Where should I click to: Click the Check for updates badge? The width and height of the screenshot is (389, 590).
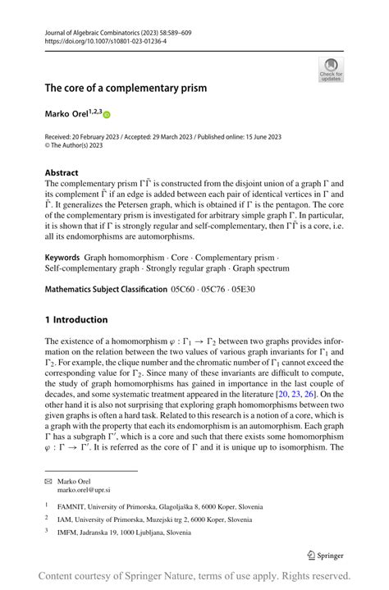coord(331,69)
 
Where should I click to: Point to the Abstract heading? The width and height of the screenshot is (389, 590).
coord(62,173)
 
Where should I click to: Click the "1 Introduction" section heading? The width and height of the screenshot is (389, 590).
coord(76,319)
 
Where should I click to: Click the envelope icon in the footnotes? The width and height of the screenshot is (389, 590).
coord(48,481)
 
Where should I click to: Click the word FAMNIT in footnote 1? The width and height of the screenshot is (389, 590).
coord(72,508)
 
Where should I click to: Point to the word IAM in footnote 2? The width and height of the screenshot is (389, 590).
coord(65,519)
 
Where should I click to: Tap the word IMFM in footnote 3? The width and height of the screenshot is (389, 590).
coord(68,532)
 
